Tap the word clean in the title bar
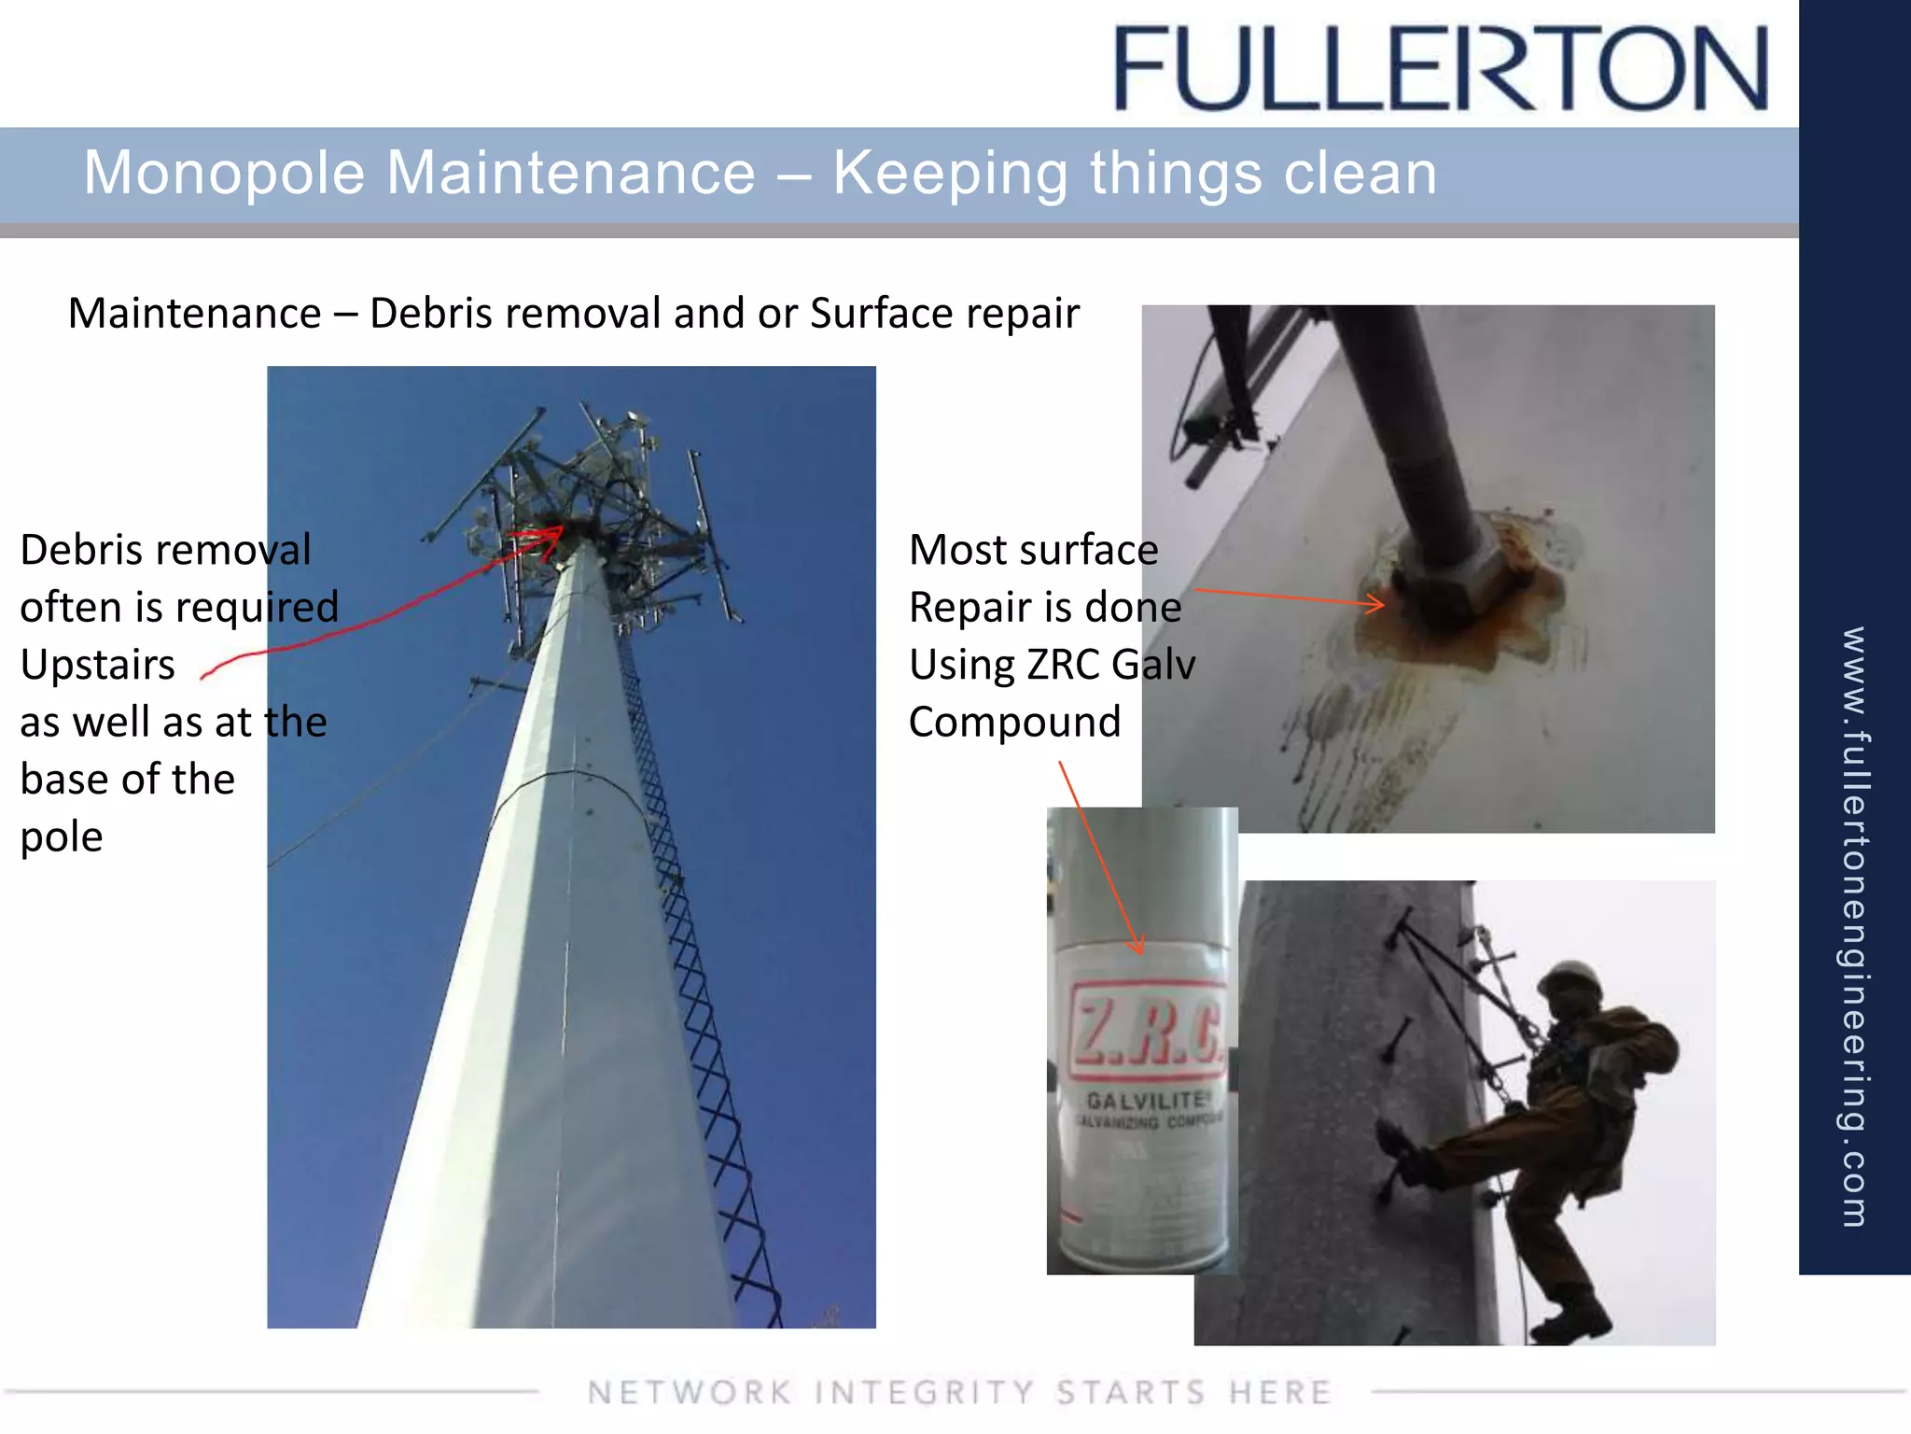click(x=1360, y=174)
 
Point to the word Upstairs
click(x=97, y=665)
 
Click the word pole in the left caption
click(x=62, y=837)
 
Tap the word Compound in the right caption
click(x=1014, y=723)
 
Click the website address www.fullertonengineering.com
click(x=1854, y=924)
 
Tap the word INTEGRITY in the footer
click(x=924, y=1392)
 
